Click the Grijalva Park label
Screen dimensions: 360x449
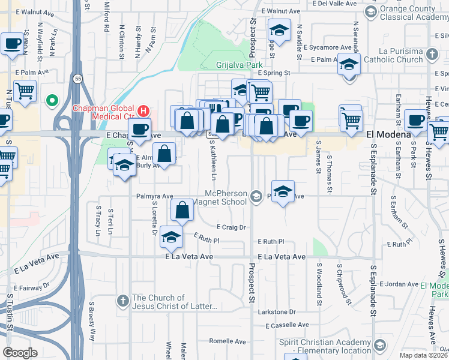(x=240, y=64)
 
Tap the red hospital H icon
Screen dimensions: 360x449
(x=143, y=110)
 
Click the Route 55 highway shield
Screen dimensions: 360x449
(x=77, y=79)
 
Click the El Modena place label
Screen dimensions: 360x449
(x=388, y=136)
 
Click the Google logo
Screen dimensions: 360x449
(x=20, y=353)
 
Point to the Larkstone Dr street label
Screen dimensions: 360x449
(x=276, y=312)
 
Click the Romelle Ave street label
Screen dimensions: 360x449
(x=228, y=341)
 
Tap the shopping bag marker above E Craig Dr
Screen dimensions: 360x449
(x=182, y=211)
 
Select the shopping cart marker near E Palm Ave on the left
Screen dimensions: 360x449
(x=25, y=92)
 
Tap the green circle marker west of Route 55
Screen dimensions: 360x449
(x=52, y=100)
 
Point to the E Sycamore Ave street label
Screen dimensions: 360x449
(x=327, y=47)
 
